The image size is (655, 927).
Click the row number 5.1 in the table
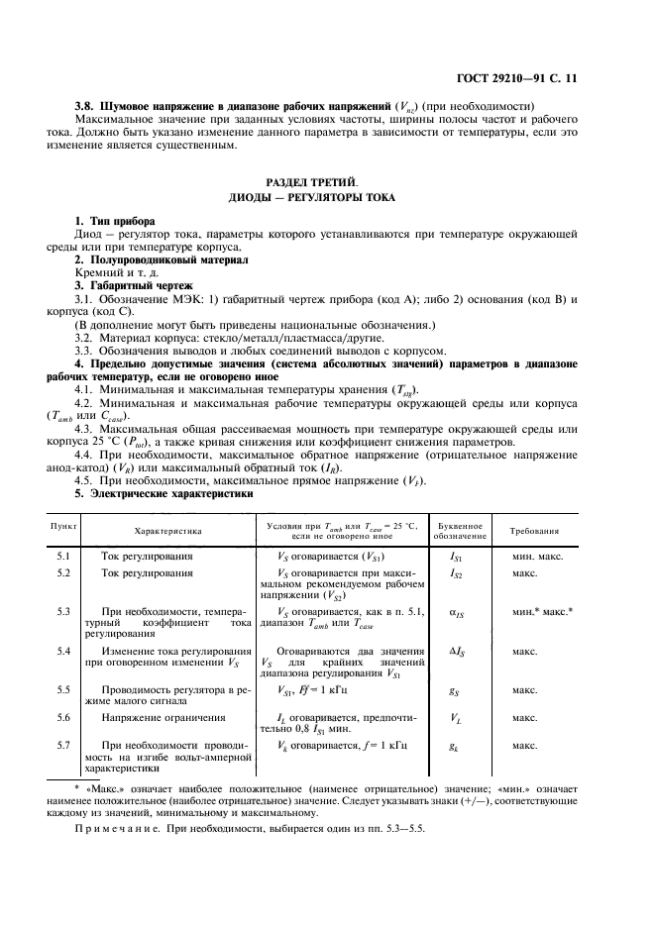tap(63, 558)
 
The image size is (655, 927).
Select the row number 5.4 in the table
tap(63, 651)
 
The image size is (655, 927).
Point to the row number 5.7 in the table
tap(63, 744)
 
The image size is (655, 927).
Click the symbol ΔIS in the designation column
tap(457, 652)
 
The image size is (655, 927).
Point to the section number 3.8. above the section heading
tap(88, 102)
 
